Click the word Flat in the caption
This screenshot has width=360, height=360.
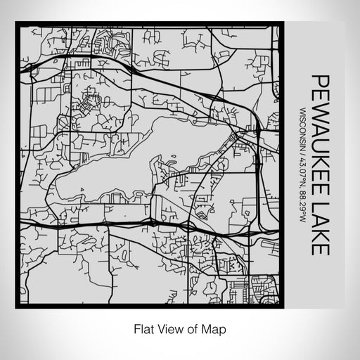coord(142,328)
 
